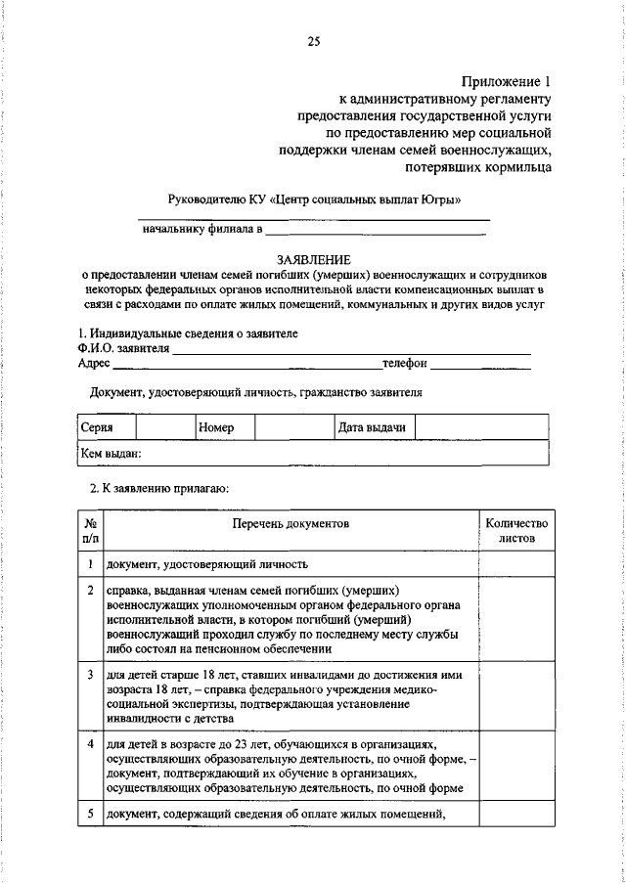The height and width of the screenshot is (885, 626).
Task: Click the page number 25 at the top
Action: (x=313, y=41)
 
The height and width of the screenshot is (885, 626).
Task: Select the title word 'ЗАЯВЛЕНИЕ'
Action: (x=313, y=258)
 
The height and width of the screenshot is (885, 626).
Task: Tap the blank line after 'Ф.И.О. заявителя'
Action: (x=351, y=348)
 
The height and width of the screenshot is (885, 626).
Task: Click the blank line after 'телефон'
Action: (x=480, y=364)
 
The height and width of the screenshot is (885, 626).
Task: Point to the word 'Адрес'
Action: (x=94, y=364)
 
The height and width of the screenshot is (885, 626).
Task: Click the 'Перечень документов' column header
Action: (x=291, y=525)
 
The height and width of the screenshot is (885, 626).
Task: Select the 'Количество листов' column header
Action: (x=516, y=531)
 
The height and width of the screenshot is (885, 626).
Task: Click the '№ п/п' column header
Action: (x=90, y=531)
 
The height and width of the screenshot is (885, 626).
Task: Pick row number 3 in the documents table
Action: (x=90, y=675)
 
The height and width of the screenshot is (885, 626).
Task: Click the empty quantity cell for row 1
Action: (x=516, y=564)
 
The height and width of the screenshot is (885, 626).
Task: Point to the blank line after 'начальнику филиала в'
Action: (x=375, y=232)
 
